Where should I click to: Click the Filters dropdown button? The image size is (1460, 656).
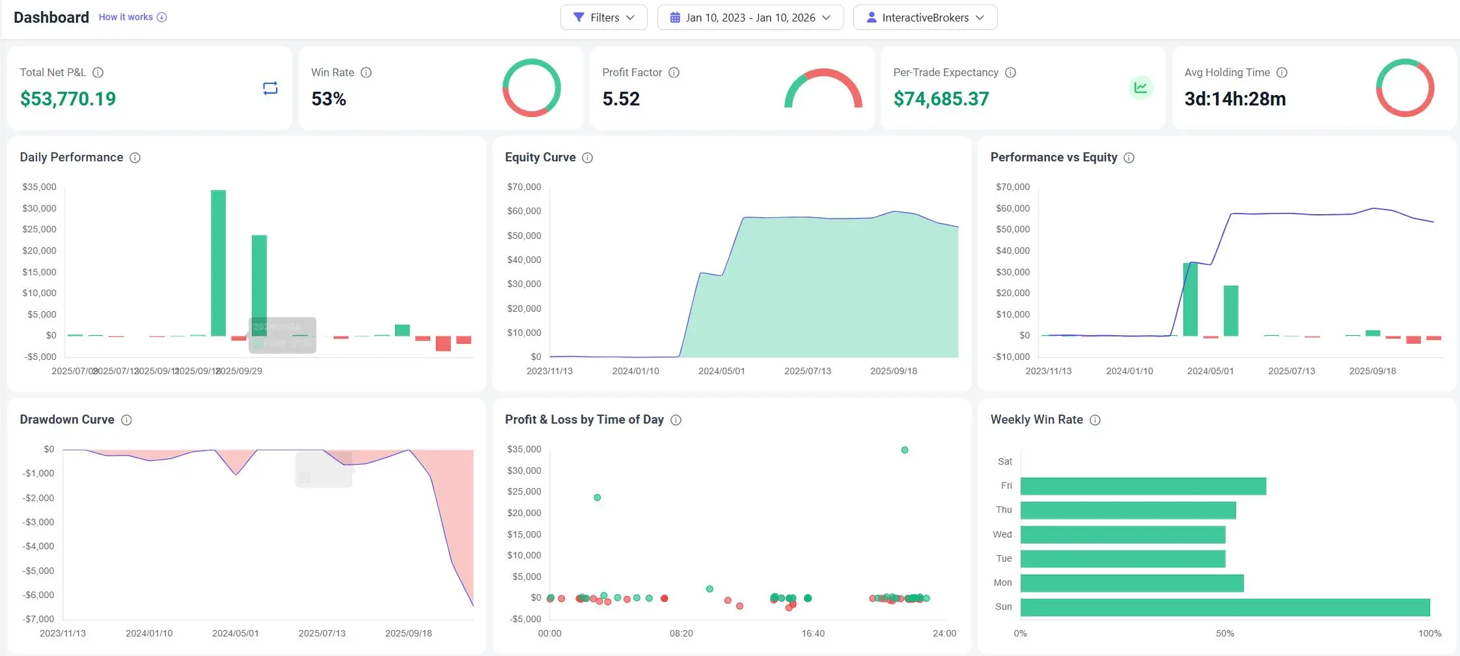603,18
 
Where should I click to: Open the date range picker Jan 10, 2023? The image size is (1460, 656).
750,18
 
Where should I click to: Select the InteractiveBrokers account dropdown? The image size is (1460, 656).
924,18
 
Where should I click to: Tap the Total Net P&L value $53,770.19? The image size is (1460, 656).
68,99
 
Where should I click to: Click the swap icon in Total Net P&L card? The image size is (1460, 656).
270,88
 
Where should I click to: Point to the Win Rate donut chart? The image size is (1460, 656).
531,88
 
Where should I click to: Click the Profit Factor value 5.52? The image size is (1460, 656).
621,99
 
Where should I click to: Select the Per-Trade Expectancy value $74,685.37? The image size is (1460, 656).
941,99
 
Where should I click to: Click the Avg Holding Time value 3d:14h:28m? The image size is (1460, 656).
1235,99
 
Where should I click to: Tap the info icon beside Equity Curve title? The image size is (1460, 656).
587,157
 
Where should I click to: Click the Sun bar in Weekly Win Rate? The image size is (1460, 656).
1224,607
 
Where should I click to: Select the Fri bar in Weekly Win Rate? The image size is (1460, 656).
1142,486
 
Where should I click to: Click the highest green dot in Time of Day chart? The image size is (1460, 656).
904,450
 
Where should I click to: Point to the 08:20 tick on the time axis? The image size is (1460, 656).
681,633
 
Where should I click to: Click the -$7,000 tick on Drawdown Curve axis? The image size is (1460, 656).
38,619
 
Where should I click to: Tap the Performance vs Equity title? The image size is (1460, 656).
1053,157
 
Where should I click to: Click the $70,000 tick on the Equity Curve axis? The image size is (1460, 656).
524,187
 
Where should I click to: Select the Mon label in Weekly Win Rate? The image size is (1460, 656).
1002,582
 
